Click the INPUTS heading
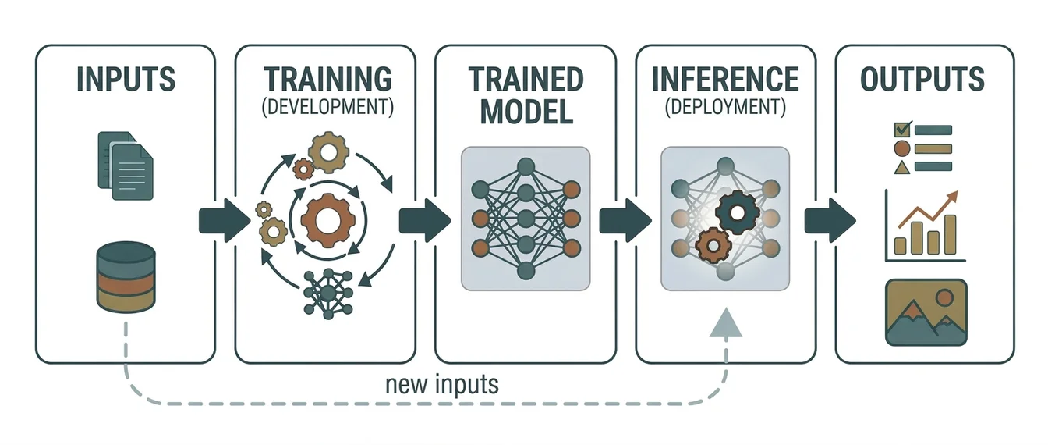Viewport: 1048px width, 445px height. coord(125,80)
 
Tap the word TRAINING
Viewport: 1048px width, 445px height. coord(327,80)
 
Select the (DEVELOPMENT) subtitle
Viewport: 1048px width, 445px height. coord(327,108)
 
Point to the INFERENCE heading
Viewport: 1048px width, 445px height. coord(725,80)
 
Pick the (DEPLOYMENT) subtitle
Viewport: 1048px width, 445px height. coord(725,107)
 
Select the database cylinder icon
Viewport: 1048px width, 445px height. coord(125,277)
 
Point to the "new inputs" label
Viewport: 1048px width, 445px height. coord(442,384)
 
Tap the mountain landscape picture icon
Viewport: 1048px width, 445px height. coord(926,312)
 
